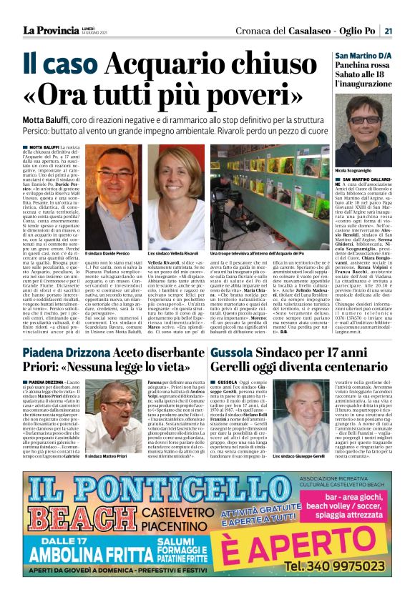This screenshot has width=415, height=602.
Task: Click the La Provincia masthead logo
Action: point(49,30)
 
